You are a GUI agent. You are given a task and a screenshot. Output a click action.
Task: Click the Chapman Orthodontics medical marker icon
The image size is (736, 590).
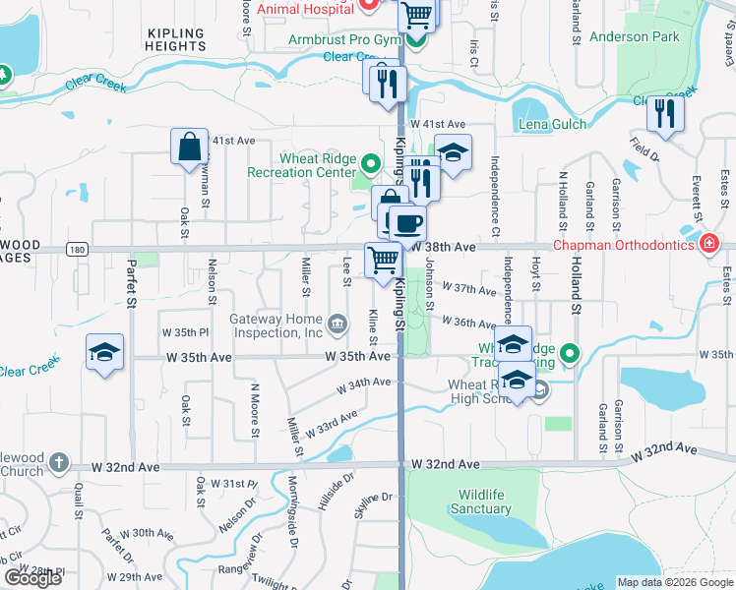pos(707,244)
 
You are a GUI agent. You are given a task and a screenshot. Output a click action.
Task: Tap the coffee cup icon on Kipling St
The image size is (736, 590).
pos(407,222)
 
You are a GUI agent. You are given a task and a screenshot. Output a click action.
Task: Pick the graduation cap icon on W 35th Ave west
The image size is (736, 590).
pos(103,353)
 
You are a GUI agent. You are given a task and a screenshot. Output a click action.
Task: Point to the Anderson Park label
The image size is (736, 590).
pos(634,37)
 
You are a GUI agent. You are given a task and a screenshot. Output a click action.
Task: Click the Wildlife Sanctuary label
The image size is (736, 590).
pos(480,501)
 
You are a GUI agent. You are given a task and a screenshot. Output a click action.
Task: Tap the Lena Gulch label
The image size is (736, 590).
pos(553,124)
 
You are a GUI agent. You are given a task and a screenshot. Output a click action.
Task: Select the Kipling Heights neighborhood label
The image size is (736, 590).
pos(176,39)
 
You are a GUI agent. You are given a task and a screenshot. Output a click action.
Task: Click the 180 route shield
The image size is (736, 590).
pos(78,250)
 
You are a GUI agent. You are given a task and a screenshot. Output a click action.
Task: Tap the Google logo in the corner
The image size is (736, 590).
pos(32,578)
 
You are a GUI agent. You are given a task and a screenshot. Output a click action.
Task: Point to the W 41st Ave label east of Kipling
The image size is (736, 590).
pos(438,124)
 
